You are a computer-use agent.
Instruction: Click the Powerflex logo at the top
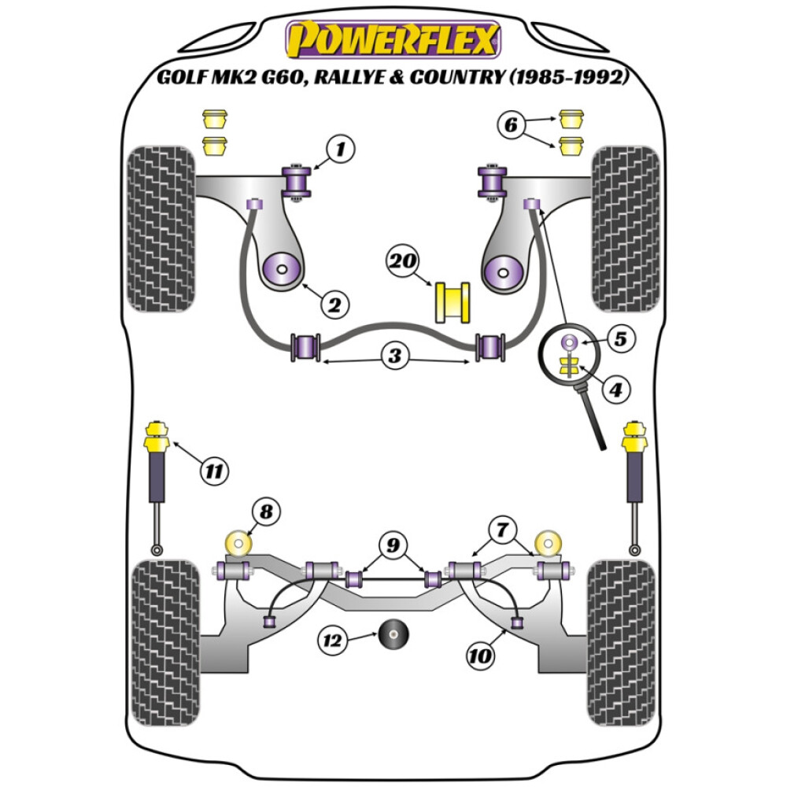pyautogui.click(x=393, y=40)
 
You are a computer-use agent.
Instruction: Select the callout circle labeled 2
pyautogui.click(x=334, y=304)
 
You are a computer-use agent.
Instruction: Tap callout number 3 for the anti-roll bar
pyautogui.click(x=393, y=357)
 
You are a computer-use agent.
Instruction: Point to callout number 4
pyautogui.click(x=615, y=388)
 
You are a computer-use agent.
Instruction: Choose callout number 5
pyautogui.click(x=620, y=340)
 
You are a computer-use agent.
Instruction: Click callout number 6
pyautogui.click(x=511, y=124)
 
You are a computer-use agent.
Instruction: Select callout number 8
pyautogui.click(x=267, y=513)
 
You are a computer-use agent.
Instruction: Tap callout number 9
pyautogui.click(x=393, y=544)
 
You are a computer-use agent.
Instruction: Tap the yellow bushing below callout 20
pyautogui.click(x=453, y=301)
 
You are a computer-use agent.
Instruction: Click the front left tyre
pyautogui.click(x=161, y=228)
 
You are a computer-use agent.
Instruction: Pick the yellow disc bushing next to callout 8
pyautogui.click(x=237, y=544)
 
